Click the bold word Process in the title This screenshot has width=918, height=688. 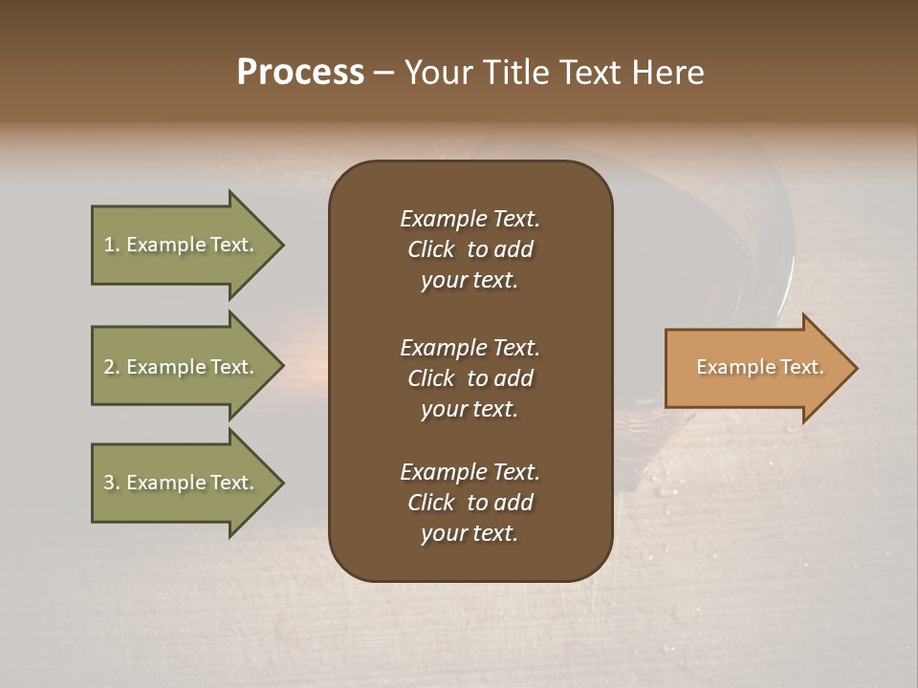tap(300, 73)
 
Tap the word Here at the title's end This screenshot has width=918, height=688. tap(667, 73)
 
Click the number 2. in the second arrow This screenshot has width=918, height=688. tap(112, 367)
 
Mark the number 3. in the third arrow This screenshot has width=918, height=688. tap(112, 483)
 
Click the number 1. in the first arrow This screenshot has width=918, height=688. tap(112, 245)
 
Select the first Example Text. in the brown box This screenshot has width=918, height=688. tap(470, 219)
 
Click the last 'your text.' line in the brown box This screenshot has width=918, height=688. tap(470, 533)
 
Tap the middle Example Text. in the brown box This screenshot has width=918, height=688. tap(470, 347)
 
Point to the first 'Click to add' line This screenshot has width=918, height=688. tap(470, 249)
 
